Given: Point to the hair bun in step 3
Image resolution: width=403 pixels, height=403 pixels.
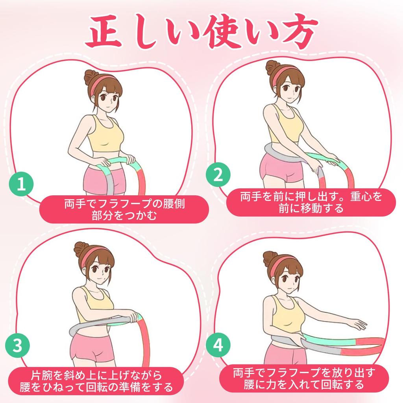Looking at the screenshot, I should click(81, 249).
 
